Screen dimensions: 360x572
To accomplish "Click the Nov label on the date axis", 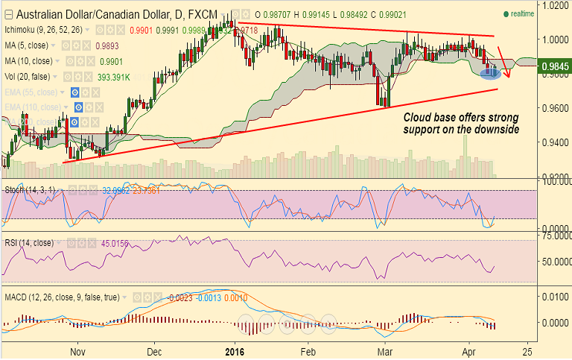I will coord(78,350).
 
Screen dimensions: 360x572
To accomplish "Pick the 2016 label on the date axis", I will coord(235,350).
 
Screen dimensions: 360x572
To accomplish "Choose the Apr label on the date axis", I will coord(468,350).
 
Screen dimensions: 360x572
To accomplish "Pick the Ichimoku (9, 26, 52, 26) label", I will coord(43,30).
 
